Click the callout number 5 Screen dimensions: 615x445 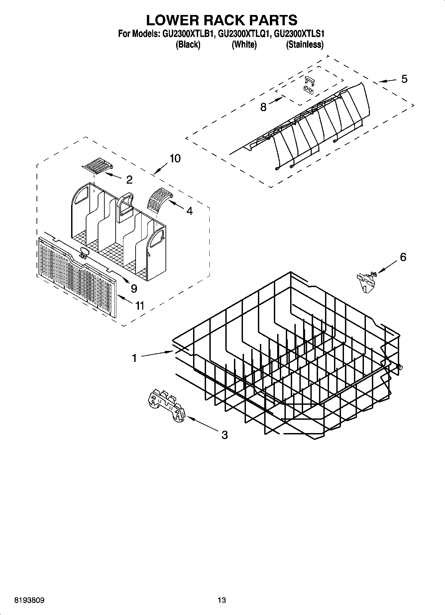pos(404,79)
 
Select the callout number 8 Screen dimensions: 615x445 pos(263,107)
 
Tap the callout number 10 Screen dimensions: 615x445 pos(175,158)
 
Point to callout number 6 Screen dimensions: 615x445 pos(403,257)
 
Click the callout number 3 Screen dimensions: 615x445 pos(225,435)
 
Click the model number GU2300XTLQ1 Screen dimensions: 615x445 pos(244,34)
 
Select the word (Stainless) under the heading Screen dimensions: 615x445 pos(305,44)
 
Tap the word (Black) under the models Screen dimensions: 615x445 pos(188,44)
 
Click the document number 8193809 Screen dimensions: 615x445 pos(30,600)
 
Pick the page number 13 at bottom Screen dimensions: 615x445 pos(222,600)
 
